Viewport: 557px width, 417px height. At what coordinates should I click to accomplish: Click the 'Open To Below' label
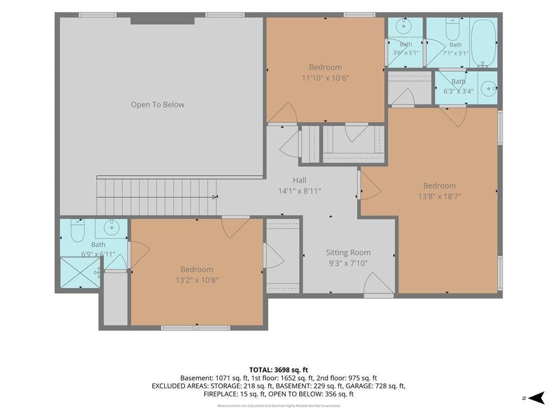click(x=157, y=105)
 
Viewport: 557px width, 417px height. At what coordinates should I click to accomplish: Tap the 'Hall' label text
click(x=300, y=180)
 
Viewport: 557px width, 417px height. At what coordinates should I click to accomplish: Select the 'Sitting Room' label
click(x=348, y=252)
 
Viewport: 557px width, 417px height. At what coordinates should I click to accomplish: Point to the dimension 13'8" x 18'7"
click(x=440, y=196)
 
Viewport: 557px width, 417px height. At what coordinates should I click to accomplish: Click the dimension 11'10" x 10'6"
click(x=325, y=78)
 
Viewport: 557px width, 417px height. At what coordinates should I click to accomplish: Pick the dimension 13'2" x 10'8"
click(x=197, y=280)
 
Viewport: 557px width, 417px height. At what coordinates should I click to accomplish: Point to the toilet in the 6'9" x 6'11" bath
click(x=77, y=230)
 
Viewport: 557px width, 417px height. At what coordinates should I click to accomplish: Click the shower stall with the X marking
click(x=81, y=273)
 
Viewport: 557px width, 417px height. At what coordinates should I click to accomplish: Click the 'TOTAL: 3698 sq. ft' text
click(x=278, y=370)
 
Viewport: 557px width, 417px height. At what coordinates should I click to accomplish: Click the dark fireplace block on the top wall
click(x=162, y=21)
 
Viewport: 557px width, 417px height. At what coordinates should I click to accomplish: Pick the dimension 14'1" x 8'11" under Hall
click(x=300, y=191)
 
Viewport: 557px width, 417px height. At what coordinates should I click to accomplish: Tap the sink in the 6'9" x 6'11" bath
click(x=112, y=228)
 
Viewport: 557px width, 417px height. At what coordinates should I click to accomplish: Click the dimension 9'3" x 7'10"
click(x=348, y=263)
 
